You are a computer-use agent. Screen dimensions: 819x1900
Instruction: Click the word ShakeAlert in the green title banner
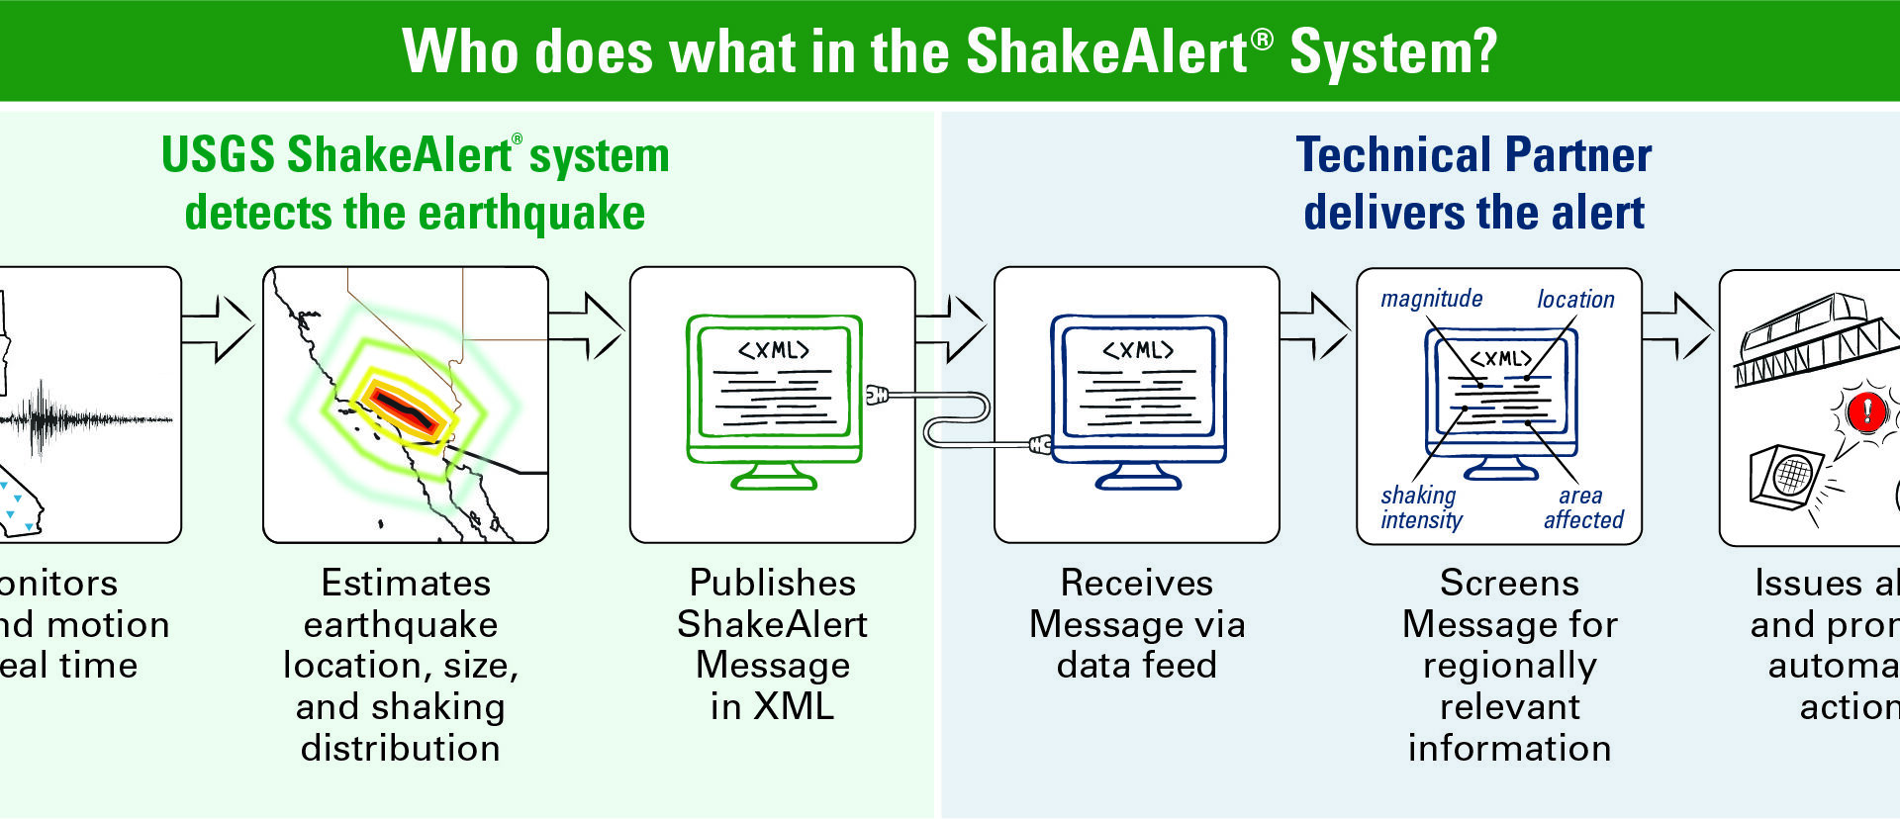point(1106,51)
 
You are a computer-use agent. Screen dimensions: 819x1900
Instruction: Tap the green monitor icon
point(774,396)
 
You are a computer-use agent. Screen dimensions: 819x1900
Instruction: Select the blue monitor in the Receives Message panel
point(1138,396)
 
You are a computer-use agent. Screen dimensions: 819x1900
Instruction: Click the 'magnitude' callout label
point(1431,299)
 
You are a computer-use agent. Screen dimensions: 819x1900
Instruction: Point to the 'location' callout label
point(1575,300)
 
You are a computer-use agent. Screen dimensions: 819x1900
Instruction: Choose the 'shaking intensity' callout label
point(1421,507)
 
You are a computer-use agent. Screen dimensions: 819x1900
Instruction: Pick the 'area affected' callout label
point(1583,507)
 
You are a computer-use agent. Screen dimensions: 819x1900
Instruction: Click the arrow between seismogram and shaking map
point(218,328)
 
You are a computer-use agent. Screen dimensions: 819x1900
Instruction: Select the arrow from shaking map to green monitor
point(586,326)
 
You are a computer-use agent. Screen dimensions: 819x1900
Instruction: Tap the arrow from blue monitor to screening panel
point(1314,326)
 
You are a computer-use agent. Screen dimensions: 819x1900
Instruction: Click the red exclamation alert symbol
point(1867,409)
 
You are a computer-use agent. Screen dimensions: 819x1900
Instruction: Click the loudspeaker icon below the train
point(1786,476)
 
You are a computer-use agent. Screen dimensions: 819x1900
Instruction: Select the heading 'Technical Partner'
point(1473,155)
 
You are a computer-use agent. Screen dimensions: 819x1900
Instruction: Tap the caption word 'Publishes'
point(772,583)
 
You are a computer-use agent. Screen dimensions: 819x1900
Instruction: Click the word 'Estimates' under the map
point(406,583)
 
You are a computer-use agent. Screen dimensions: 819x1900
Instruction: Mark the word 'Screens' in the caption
point(1509,583)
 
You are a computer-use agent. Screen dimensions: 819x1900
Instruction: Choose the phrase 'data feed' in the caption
point(1136,665)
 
